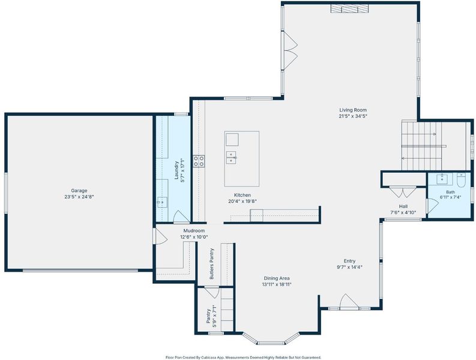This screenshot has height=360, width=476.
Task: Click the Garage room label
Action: (79, 191)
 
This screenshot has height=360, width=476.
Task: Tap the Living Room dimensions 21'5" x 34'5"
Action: (353, 116)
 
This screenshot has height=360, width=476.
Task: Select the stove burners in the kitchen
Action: (199, 161)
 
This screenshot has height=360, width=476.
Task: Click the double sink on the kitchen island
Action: (231, 157)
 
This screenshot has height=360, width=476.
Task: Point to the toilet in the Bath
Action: (461, 179)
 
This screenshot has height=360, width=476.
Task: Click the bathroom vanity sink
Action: (442, 178)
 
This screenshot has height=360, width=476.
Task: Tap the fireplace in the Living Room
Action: (350, 9)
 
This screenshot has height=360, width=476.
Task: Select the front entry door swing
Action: (349, 302)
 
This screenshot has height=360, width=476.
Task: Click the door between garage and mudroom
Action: (160, 236)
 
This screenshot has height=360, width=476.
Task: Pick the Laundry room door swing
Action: (181, 217)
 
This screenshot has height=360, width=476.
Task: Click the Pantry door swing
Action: (212, 292)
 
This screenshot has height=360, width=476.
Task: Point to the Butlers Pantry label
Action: (212, 264)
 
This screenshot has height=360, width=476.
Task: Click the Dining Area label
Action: (277, 278)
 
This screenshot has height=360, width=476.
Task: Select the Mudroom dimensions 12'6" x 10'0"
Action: (194, 237)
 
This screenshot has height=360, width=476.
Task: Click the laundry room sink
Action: (162, 202)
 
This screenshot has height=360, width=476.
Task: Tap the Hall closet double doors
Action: (403, 192)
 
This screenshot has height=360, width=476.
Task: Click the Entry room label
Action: (350, 261)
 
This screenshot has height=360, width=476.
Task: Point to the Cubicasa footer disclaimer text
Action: (243, 358)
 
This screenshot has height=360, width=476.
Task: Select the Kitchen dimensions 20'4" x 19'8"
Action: (243, 201)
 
